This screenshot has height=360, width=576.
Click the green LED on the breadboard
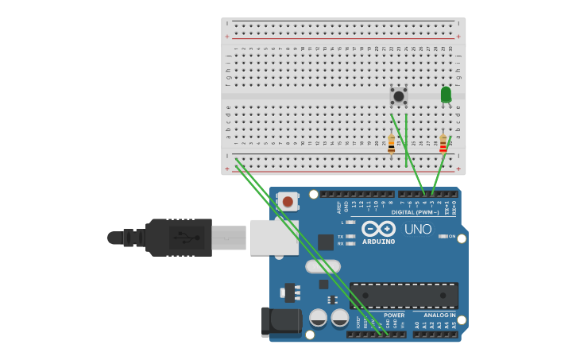446,95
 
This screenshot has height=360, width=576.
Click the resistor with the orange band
391,144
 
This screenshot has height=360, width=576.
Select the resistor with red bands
443,144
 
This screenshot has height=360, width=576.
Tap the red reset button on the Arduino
288,202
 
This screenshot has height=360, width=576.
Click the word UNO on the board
418,230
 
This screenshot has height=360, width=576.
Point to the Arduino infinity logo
378,229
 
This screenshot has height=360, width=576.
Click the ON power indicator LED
442,236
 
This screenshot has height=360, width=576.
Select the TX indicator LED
350,237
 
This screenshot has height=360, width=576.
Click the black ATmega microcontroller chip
404,295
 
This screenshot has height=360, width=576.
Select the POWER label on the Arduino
394,315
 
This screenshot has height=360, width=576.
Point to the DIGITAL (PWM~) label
415,212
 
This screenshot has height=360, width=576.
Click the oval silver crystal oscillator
323,266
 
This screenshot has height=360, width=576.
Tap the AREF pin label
338,207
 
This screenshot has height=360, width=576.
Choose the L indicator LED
350,223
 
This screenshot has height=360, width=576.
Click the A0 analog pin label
417,325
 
